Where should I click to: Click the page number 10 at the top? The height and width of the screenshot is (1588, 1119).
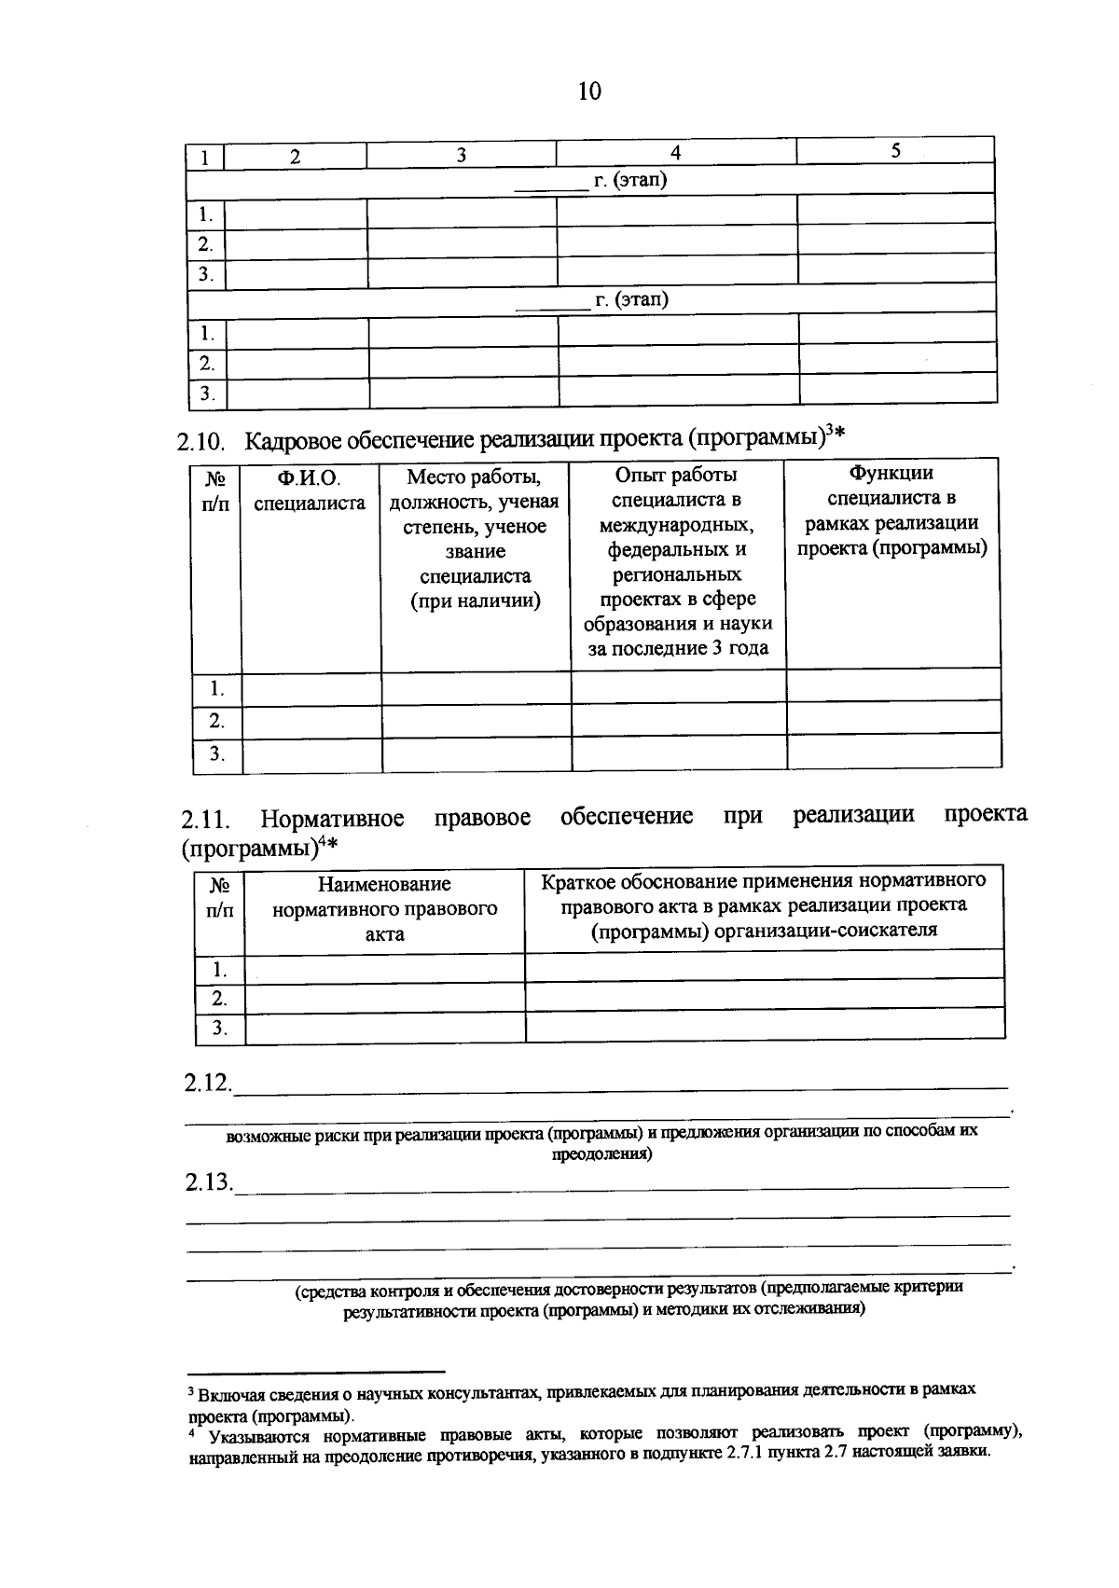pyautogui.click(x=589, y=91)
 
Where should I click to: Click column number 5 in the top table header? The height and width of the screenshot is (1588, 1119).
pyautogui.click(x=895, y=150)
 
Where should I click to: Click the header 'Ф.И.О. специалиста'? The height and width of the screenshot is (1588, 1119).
pyautogui.click(x=309, y=490)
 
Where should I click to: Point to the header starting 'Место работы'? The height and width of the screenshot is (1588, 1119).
pyautogui.click(x=475, y=539)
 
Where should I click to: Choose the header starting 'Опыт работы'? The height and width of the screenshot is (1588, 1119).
pyautogui.click(x=677, y=562)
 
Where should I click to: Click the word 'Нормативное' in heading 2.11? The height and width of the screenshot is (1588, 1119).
pyautogui.click(x=332, y=819)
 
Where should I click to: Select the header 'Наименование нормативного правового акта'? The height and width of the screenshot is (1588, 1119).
pyautogui.click(x=384, y=908)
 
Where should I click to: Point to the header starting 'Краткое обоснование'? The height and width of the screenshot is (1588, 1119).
pyautogui.click(x=764, y=904)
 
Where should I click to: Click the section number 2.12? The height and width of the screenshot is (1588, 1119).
pyautogui.click(x=207, y=1083)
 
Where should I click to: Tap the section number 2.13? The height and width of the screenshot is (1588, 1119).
pyautogui.click(x=208, y=1182)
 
